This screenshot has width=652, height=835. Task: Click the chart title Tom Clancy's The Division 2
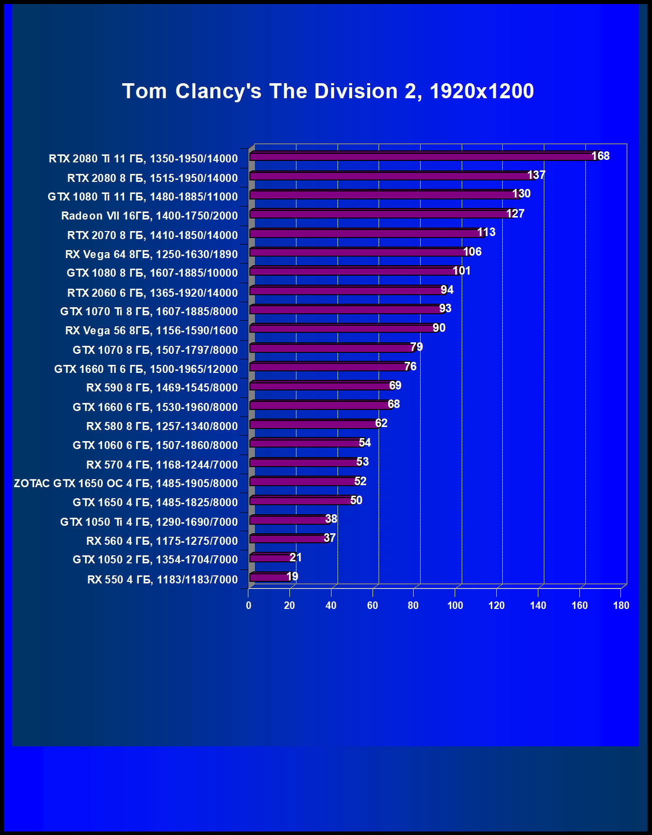(x=328, y=91)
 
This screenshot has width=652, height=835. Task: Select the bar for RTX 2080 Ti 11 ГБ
(x=421, y=157)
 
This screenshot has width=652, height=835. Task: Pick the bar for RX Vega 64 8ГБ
(x=358, y=252)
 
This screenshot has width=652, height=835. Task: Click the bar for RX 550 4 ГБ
(x=269, y=577)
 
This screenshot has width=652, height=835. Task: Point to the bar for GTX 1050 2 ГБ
(x=270, y=558)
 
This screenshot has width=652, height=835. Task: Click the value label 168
(x=600, y=156)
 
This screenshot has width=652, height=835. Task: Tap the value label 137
(x=536, y=175)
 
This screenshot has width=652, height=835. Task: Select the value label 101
(x=461, y=271)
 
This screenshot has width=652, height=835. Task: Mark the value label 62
(x=381, y=423)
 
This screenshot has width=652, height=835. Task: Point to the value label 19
(x=292, y=576)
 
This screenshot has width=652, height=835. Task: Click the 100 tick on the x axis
(x=455, y=605)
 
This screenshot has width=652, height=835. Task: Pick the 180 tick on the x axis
(x=621, y=605)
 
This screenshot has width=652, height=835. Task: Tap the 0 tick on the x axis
(x=248, y=605)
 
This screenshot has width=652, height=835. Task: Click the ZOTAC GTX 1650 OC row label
(x=126, y=483)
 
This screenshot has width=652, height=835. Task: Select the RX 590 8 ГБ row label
(x=162, y=387)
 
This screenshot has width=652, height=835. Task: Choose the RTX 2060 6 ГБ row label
(x=152, y=293)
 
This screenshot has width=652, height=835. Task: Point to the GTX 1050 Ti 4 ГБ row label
(x=149, y=522)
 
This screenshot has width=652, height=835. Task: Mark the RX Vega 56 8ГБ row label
(x=151, y=330)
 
